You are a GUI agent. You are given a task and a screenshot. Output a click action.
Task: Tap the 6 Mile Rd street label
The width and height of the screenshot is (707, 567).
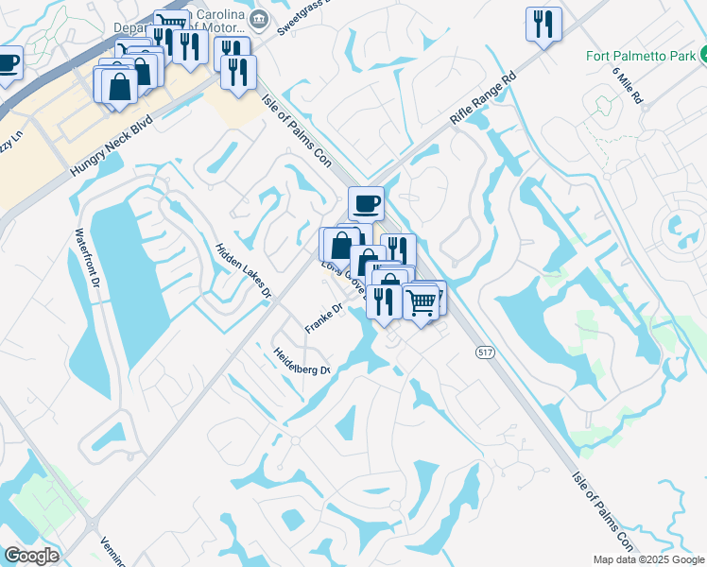627,85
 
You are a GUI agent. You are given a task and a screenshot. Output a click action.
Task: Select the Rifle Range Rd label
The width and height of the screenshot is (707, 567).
485,99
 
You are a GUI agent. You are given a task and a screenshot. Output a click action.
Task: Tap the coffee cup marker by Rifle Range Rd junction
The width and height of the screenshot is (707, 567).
366,201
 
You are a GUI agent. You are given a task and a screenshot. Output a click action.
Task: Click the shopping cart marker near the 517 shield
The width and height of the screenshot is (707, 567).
422,301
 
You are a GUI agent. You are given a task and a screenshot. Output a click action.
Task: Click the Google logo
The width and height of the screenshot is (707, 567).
31,555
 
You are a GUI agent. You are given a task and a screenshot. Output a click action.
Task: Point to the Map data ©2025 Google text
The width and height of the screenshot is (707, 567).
648,559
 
